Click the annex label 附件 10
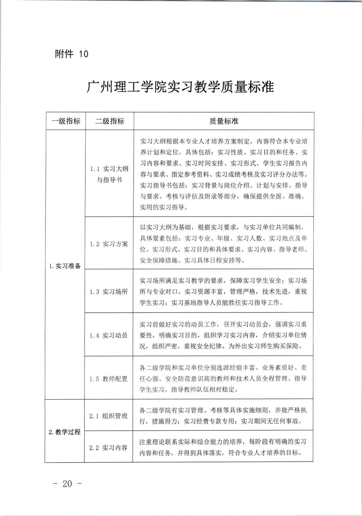71,54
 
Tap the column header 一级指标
66,121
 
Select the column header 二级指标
110,121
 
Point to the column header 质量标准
223,121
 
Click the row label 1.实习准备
65,266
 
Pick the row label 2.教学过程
65,432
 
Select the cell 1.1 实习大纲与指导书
109,174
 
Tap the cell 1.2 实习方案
109,244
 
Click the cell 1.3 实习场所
109,292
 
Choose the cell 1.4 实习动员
109,335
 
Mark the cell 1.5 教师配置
109,379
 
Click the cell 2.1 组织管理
109,416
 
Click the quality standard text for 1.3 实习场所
223,292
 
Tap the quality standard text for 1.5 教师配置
223,379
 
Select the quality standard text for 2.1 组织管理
223,416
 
